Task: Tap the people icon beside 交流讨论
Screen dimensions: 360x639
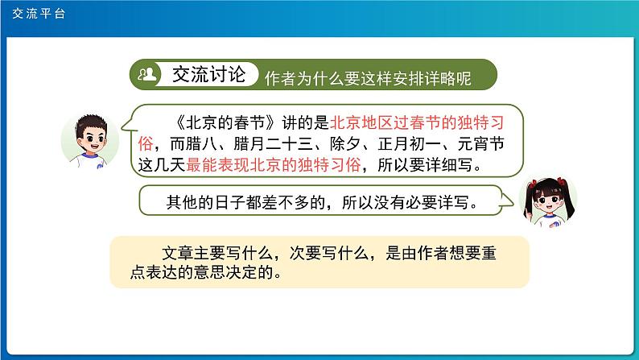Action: (148, 74)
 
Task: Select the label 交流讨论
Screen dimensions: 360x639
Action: (206, 74)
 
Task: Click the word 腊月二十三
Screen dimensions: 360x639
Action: (263, 145)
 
